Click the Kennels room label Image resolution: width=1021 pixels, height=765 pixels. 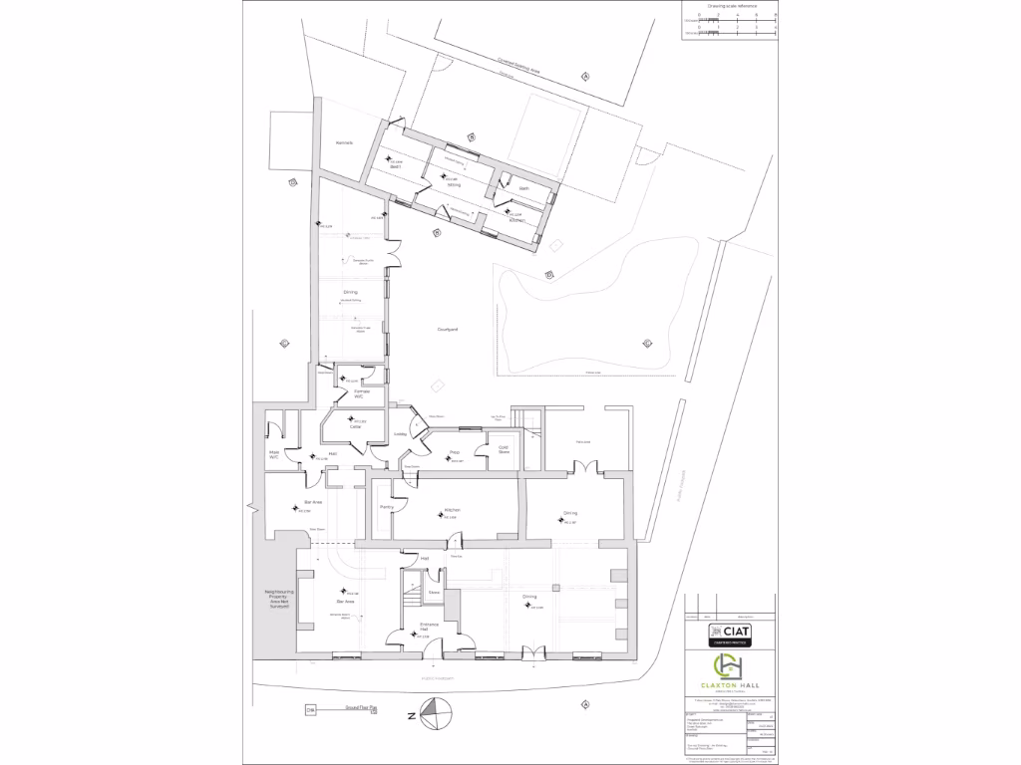click(345, 142)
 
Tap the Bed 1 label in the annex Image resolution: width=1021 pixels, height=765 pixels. click(395, 166)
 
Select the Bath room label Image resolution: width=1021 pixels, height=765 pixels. click(522, 188)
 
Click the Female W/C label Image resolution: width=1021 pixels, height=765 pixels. click(354, 394)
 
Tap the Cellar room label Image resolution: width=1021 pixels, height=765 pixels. click(341, 427)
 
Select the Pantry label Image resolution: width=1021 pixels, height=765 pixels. click(387, 507)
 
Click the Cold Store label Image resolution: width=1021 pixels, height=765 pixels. click(505, 449)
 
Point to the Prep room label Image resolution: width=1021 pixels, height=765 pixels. click(454, 453)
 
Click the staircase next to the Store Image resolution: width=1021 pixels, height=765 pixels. click(411, 599)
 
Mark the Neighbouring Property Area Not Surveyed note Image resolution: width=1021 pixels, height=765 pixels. click(270, 605)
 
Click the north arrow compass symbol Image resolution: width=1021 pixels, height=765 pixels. click(435, 714)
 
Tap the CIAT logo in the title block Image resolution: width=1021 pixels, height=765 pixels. click(731, 632)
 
